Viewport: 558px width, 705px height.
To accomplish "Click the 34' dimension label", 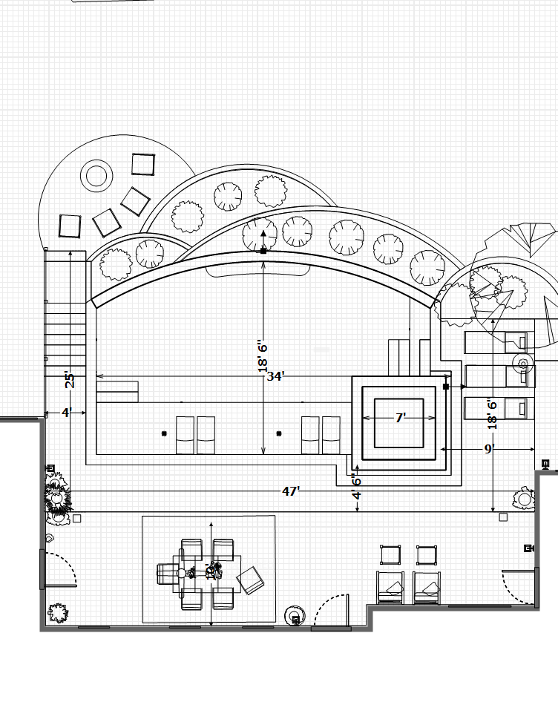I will [x=275, y=376].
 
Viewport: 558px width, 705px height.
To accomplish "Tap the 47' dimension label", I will [x=291, y=491].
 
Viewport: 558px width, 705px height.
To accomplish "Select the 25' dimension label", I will [x=70, y=379].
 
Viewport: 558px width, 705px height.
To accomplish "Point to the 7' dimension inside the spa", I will [x=400, y=419].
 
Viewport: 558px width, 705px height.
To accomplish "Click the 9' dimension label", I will [x=489, y=449].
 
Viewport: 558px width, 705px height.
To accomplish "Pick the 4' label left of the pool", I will [x=65, y=412].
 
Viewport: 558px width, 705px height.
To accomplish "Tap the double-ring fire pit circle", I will [x=96, y=176].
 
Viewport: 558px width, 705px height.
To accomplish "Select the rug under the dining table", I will [x=209, y=569].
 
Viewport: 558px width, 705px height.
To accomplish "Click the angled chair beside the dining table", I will [x=250, y=580].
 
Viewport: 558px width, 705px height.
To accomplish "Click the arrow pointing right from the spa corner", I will [x=462, y=387].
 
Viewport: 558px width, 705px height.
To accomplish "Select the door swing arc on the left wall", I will [x=60, y=569].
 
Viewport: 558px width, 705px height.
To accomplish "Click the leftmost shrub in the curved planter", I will [x=115, y=263].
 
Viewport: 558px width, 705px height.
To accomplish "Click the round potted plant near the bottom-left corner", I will [x=58, y=613].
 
